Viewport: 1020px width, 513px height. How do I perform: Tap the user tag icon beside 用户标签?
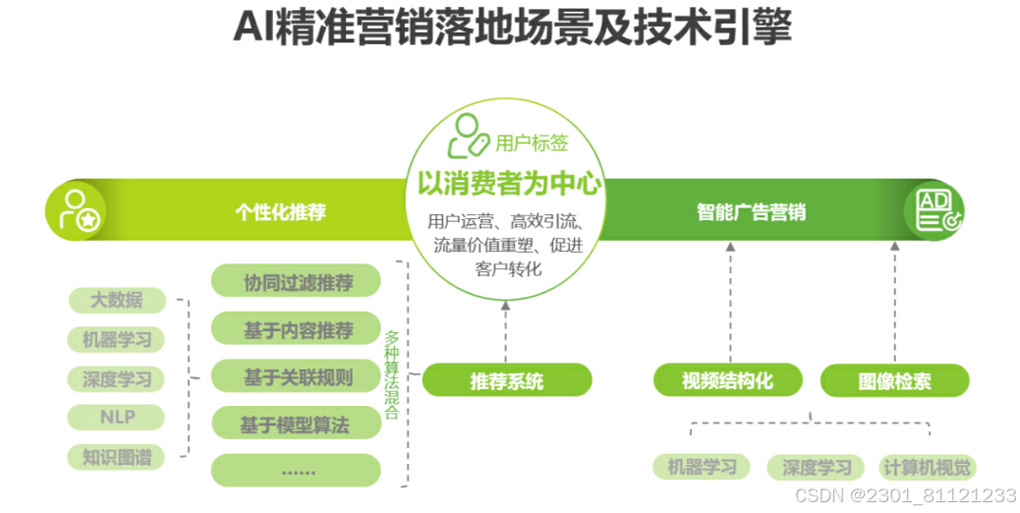467,137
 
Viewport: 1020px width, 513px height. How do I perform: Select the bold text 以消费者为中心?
508,184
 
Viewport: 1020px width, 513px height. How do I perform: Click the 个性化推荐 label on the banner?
280,212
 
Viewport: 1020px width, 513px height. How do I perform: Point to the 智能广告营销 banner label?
751,212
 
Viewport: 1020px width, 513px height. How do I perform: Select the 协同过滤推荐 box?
297,282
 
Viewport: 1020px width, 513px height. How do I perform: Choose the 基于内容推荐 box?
297,329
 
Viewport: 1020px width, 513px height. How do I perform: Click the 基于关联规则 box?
297,375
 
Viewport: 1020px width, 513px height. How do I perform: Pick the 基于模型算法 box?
297,424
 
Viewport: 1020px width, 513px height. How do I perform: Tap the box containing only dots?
297,470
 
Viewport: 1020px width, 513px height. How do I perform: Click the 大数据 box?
116,300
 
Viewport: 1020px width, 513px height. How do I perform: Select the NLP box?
116,417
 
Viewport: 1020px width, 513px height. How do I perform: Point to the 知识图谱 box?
116,457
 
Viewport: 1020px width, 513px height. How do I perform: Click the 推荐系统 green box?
507,380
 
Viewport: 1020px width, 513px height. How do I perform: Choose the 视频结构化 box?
728,380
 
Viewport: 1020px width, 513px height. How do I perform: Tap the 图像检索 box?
894,380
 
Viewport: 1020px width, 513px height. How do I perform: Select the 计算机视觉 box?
927,467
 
